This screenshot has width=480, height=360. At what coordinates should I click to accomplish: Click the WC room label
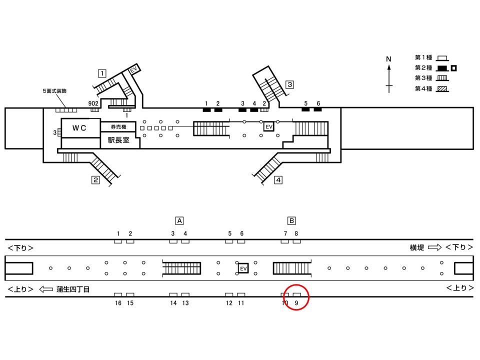[x=79, y=128]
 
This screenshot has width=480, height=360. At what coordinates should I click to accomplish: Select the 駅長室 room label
[x=118, y=140]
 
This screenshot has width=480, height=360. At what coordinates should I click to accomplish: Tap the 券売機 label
[x=118, y=126]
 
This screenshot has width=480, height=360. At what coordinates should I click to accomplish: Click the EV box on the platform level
[x=243, y=268]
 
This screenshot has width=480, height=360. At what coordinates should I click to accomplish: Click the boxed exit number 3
[x=289, y=84]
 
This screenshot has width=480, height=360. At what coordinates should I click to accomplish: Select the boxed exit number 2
[x=96, y=180]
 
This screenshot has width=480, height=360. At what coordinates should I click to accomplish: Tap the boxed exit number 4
[x=278, y=180]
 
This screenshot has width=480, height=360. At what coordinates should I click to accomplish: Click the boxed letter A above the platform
[x=179, y=220]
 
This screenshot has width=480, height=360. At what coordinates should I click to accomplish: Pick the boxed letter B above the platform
[x=291, y=220]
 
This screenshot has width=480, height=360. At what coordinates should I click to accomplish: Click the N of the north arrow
[x=389, y=59]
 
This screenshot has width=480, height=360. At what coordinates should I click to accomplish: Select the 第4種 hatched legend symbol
[x=442, y=89]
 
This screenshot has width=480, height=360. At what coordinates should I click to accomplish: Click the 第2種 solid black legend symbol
[x=442, y=68]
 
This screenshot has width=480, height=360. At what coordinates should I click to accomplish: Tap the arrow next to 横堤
[x=434, y=247]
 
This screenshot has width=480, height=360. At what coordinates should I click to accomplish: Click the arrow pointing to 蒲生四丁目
[x=46, y=289]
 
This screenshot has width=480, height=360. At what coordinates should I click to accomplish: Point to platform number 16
[x=118, y=303]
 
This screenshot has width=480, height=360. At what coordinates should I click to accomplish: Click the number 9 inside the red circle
[x=296, y=303]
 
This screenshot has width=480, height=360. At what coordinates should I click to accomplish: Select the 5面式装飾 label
[x=54, y=91]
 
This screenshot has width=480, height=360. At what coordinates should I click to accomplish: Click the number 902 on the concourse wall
[x=93, y=103]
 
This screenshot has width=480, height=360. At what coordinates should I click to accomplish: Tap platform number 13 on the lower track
[x=185, y=303]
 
